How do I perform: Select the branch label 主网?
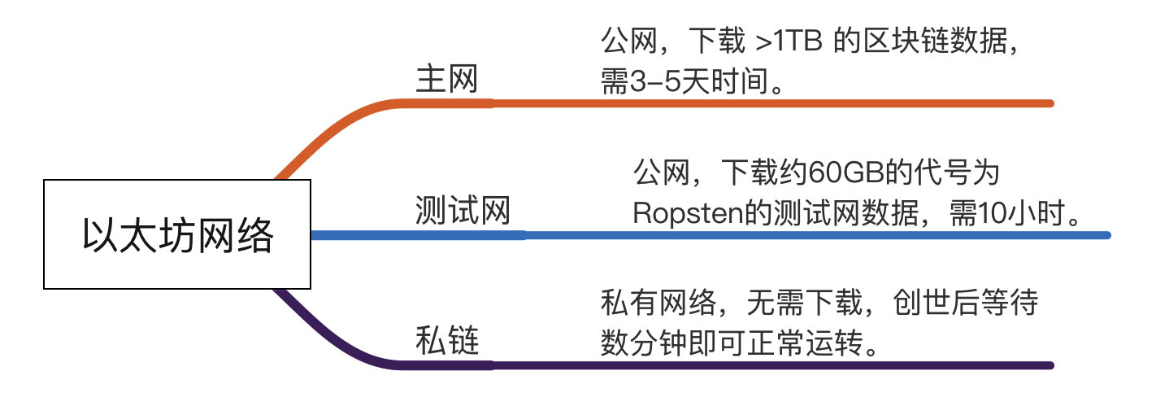(446, 80)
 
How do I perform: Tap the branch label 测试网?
(462, 212)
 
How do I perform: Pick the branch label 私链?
(446, 341)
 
